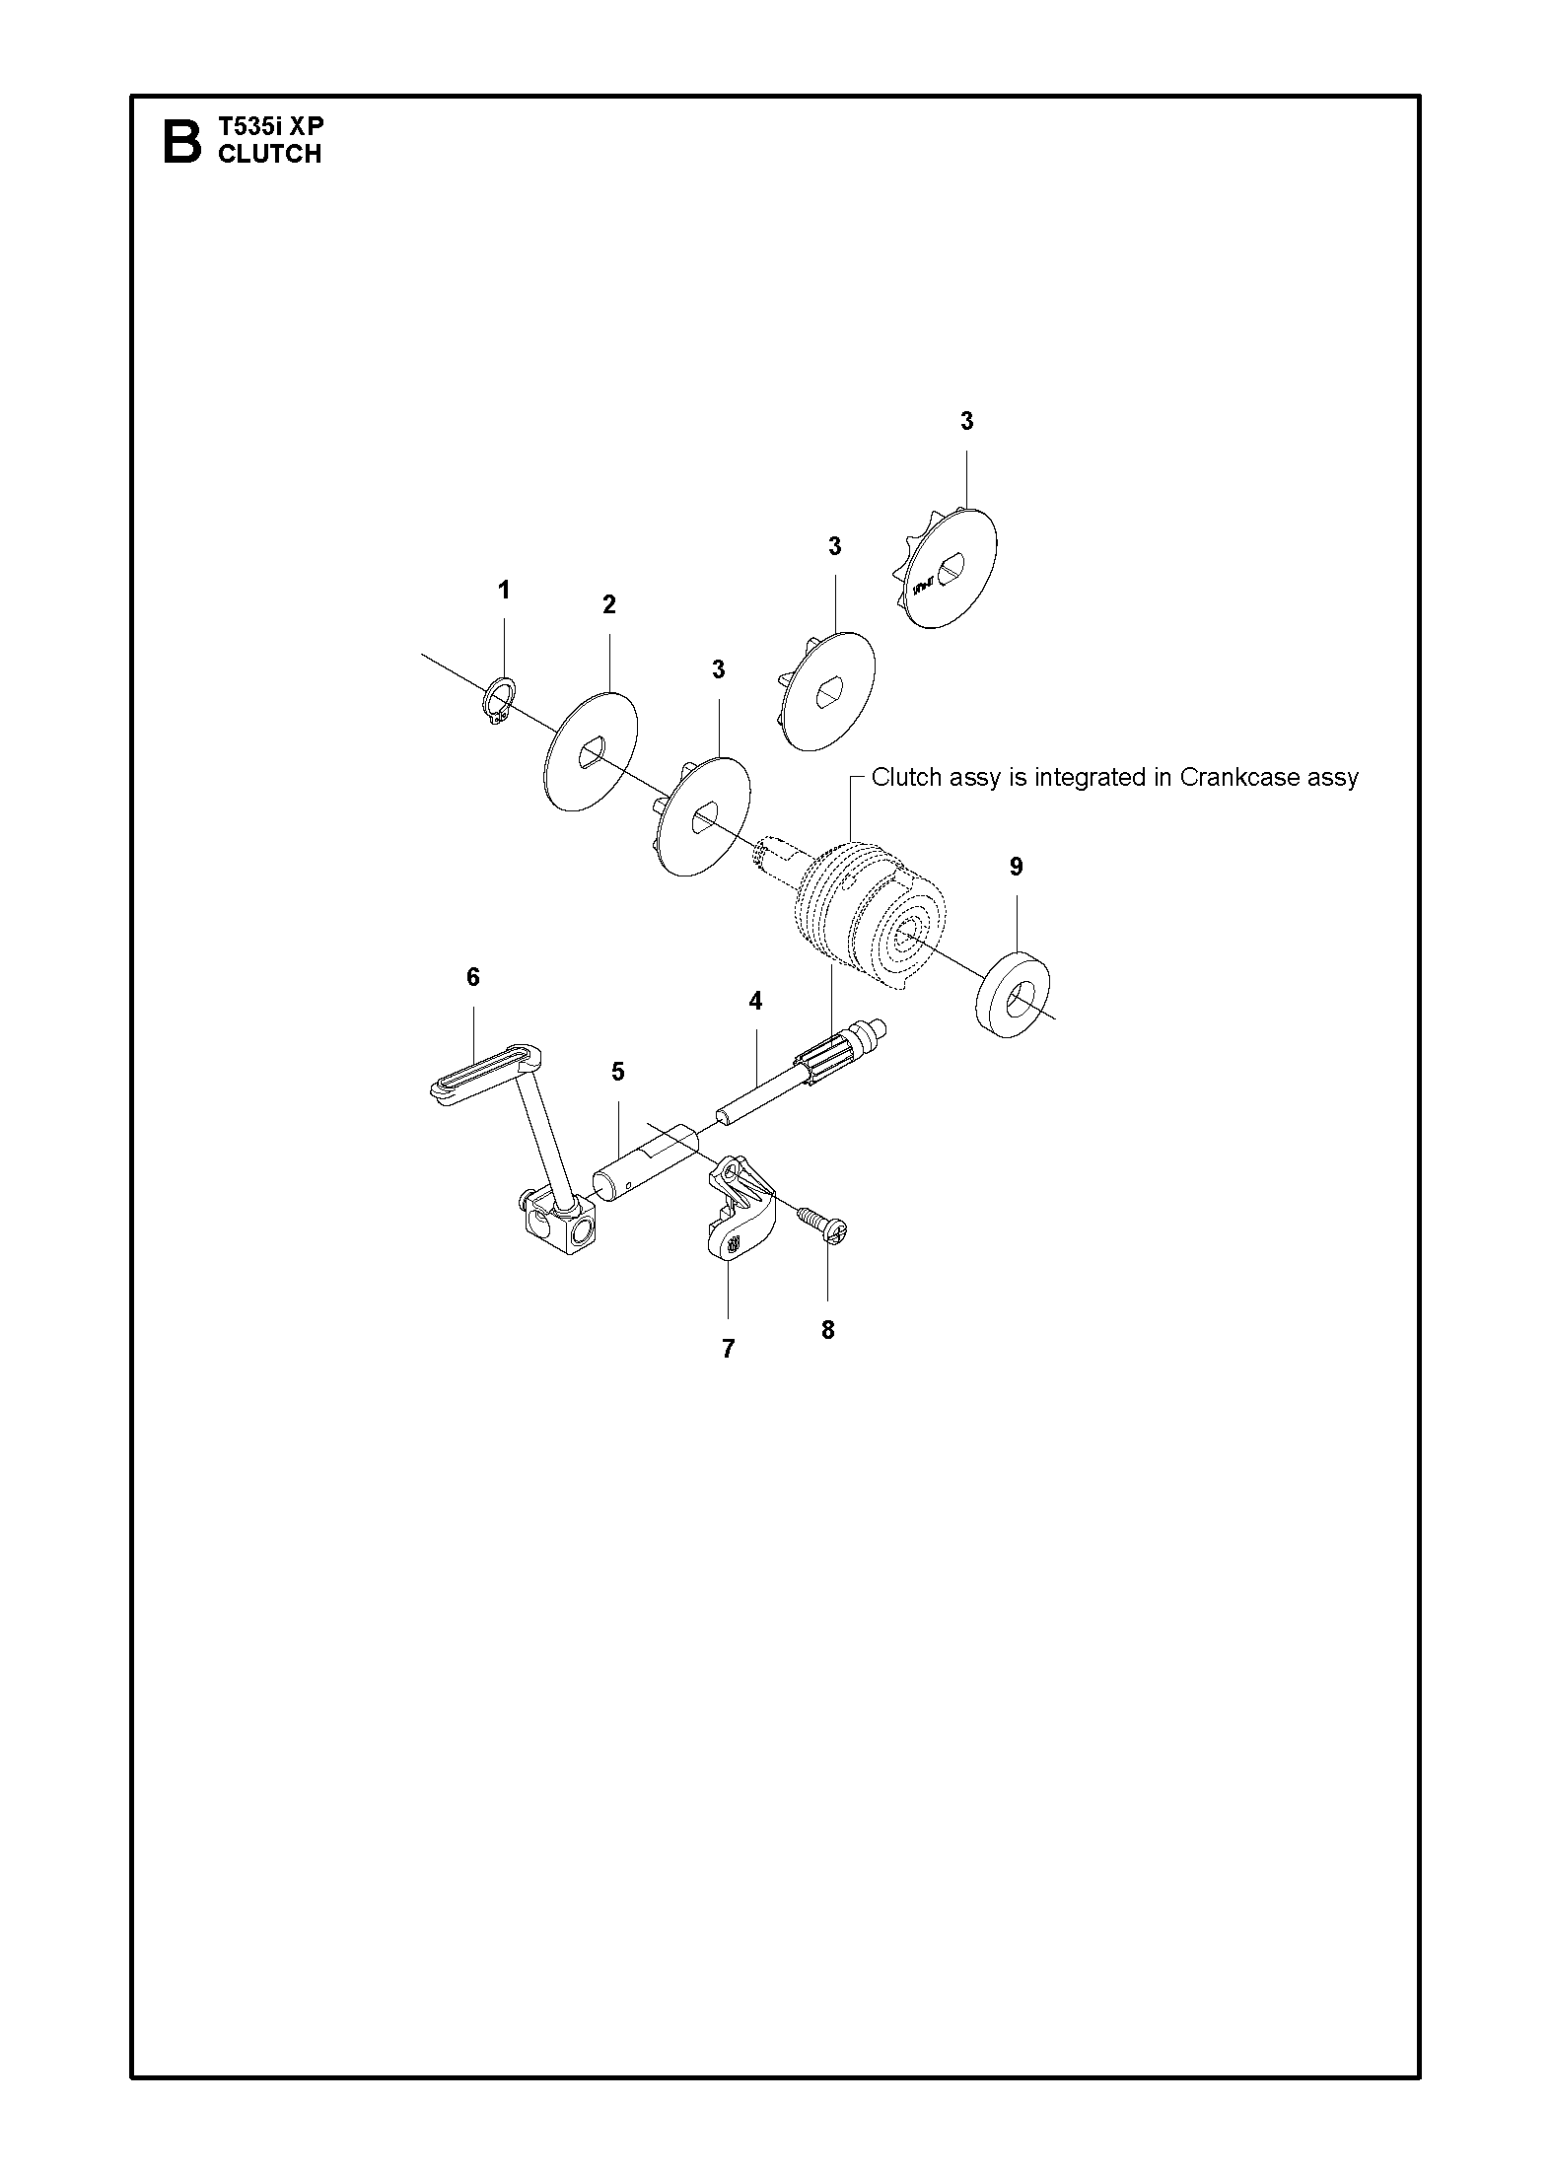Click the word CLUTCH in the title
[x=269, y=154]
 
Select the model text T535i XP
[x=270, y=126]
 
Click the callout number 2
[x=609, y=604]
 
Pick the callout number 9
[x=1017, y=867]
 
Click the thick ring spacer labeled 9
[x=1013, y=994]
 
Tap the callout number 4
[x=755, y=1001]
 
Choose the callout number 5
[x=618, y=1072]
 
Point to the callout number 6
[x=473, y=977]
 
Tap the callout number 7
[x=728, y=1349]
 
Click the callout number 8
[x=827, y=1330]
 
